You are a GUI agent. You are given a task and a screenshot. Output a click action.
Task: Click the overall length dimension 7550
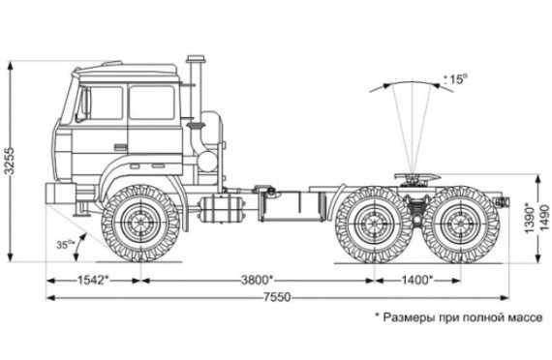click(277, 298)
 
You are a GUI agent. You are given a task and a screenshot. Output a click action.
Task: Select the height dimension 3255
click(10, 160)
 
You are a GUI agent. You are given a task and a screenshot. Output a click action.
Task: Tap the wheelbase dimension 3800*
click(257, 281)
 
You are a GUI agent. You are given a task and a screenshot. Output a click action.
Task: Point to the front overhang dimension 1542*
click(93, 281)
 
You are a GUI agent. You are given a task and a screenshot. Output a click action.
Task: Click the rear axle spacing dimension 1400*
click(417, 281)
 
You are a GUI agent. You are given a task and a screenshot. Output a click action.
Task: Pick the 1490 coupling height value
click(544, 217)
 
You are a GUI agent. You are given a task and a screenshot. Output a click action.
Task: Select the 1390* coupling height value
click(531, 217)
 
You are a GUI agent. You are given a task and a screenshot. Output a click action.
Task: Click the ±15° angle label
click(456, 78)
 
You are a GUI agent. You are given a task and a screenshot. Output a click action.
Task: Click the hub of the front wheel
click(140, 223)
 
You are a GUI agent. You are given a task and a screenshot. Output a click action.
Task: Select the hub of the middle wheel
click(374, 224)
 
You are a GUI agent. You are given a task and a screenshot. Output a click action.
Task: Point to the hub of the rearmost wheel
click(460, 224)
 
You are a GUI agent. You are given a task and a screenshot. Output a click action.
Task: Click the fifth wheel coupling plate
click(417, 176)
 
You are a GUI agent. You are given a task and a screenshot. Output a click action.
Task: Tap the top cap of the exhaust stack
click(196, 59)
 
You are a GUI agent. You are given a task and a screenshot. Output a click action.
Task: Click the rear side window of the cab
click(152, 102)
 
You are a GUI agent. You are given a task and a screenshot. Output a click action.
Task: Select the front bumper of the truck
click(60, 194)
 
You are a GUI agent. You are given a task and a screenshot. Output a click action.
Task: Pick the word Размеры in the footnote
click(409, 317)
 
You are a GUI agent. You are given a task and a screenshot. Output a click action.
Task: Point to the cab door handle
click(120, 147)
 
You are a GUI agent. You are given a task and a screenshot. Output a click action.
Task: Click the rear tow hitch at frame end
click(502, 202)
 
